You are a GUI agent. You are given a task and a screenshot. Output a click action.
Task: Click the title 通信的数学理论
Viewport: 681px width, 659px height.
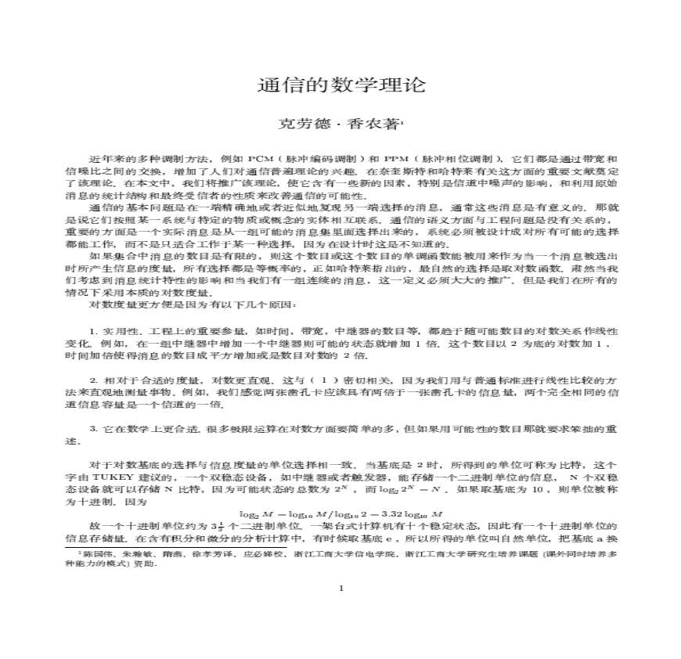coord(340,85)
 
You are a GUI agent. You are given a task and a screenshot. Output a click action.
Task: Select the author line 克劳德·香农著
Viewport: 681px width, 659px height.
coord(340,123)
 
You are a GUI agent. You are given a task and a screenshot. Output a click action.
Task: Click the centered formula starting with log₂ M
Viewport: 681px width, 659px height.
coord(340,513)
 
